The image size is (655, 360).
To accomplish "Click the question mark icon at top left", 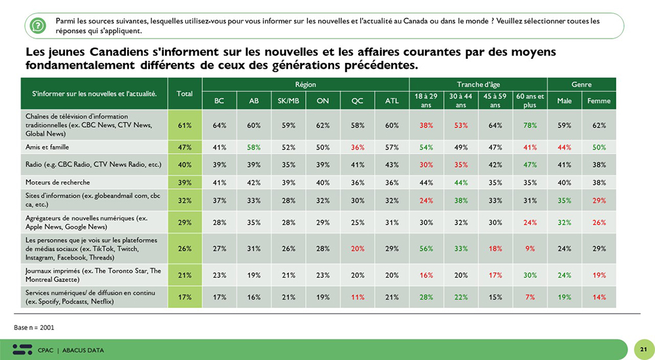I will tap(38, 26).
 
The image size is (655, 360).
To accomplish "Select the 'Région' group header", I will tap(305, 84).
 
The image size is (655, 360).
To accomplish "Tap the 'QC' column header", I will tap(357, 101).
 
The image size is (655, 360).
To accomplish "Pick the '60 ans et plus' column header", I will tap(530, 101).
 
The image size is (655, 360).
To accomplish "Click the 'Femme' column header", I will tap(599, 101).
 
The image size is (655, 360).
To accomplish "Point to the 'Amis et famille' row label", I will tap(47, 149).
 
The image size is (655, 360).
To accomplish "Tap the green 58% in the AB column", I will tap(253, 149).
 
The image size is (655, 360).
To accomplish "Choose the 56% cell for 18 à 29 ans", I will tap(426, 249).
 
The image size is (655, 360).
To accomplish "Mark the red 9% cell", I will tap(530, 249).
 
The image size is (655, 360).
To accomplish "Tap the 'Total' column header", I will tap(185, 94).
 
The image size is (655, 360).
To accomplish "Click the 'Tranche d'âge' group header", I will tap(478, 84).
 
